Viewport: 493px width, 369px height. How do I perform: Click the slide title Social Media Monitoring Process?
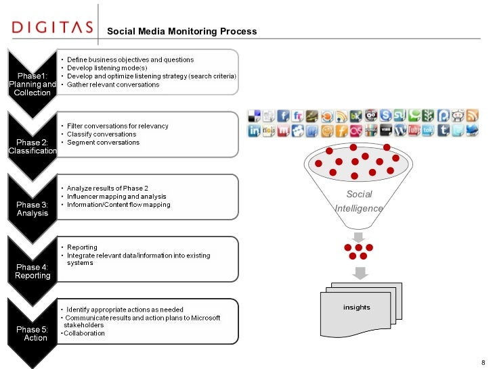(x=182, y=31)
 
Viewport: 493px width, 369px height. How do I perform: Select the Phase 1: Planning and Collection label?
(x=32, y=84)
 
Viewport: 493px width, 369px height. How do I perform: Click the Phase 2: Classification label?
(x=32, y=146)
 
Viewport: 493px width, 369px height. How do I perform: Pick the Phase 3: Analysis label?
(x=32, y=208)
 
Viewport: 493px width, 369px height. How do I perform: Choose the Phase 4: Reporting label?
(x=32, y=271)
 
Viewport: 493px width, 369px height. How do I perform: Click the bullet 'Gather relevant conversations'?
(x=113, y=85)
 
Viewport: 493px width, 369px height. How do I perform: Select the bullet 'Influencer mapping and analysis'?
(x=116, y=196)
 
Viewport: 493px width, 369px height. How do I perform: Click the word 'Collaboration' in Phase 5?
(x=85, y=333)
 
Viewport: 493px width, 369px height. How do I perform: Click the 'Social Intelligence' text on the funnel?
(x=359, y=201)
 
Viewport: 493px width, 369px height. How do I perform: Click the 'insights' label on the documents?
(x=356, y=307)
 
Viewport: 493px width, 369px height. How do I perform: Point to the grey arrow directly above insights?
(x=358, y=272)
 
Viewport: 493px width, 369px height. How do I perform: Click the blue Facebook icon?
(x=283, y=116)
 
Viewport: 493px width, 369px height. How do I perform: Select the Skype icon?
(x=385, y=116)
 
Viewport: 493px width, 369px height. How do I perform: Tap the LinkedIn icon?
(x=254, y=131)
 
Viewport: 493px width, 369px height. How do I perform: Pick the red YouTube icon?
(x=413, y=131)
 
